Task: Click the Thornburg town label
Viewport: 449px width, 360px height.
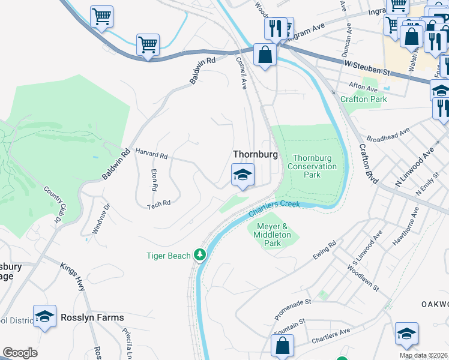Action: [x=255, y=154]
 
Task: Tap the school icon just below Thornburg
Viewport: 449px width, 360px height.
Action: [x=243, y=175]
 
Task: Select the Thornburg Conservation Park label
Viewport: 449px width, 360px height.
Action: [x=312, y=166]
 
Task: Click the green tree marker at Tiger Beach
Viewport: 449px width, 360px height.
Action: [x=200, y=256]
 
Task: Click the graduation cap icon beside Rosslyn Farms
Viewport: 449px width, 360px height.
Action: [x=44, y=317]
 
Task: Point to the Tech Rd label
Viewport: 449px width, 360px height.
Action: [x=159, y=203]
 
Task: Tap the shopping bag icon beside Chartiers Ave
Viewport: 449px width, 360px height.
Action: [x=282, y=346]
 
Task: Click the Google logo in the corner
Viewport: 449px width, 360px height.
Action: [x=20, y=353]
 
